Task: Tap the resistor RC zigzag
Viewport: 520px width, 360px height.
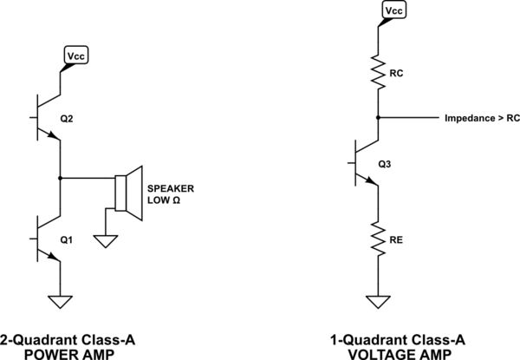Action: click(378, 74)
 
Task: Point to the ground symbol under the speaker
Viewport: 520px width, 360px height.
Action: click(106, 239)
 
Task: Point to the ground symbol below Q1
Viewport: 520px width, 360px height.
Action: click(60, 302)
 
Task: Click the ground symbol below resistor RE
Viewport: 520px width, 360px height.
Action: click(378, 302)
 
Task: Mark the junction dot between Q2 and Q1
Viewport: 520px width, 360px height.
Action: click(60, 178)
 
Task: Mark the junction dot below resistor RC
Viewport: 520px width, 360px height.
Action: click(378, 117)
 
